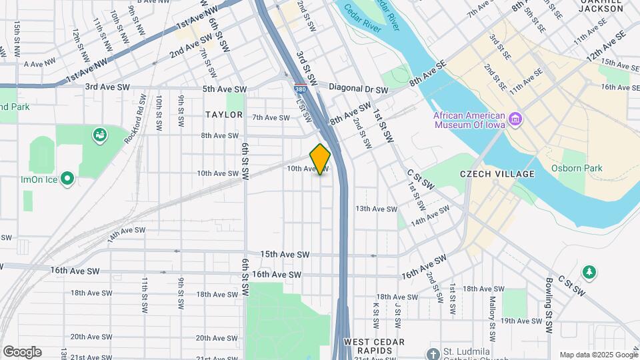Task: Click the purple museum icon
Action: [x=515, y=119]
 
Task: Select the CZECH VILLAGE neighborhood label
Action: [x=497, y=174]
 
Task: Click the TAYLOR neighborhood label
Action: [x=224, y=115]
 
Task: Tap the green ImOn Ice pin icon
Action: [x=67, y=179]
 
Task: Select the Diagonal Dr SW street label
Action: [x=361, y=89]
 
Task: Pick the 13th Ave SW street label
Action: [x=376, y=209]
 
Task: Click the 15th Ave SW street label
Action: [x=285, y=255]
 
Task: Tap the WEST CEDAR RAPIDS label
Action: [x=375, y=347]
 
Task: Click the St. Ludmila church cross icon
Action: [x=433, y=353]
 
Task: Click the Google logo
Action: [x=22, y=352]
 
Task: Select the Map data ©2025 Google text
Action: [x=597, y=354]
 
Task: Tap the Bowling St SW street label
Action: [x=549, y=306]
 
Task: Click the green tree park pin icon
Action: [x=589, y=272]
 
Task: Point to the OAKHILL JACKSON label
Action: [x=600, y=6]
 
